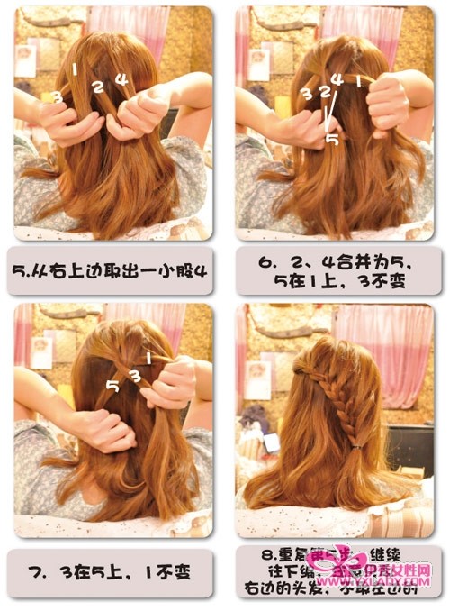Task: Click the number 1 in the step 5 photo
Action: pos(76,68)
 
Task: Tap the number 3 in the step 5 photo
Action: pos(57,96)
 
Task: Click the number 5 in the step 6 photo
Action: pos(331,140)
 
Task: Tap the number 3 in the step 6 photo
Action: pos(305,94)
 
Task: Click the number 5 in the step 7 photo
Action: pos(112,387)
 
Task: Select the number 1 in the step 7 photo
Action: pos(148,357)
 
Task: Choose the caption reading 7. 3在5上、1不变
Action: pos(112,571)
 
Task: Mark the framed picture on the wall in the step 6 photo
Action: pos(258,64)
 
